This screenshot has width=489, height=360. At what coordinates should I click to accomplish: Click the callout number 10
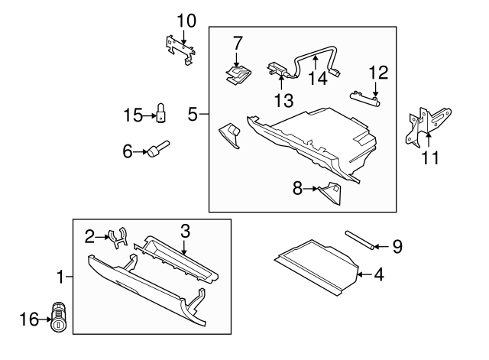pos(186,19)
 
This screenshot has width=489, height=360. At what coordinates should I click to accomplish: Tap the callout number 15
pos(133,115)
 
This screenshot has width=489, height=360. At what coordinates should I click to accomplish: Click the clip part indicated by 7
pos(239,73)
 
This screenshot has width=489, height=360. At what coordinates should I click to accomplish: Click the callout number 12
pos(378,73)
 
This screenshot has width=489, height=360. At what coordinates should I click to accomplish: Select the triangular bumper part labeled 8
pos(331,191)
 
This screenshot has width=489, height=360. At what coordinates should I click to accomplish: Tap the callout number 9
pos(397,246)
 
